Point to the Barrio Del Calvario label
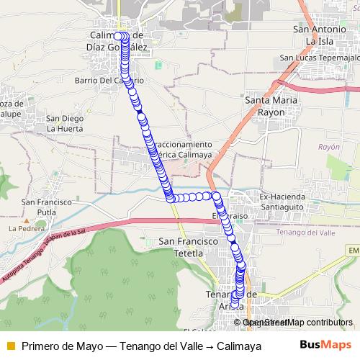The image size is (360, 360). (109, 81)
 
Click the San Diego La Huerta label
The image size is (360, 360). (64, 123)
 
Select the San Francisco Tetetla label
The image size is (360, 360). (181, 247)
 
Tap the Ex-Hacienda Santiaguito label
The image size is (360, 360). (283, 201)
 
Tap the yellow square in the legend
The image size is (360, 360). (10, 346)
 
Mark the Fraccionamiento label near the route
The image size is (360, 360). (184, 144)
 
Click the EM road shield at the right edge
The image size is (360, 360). (353, 250)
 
